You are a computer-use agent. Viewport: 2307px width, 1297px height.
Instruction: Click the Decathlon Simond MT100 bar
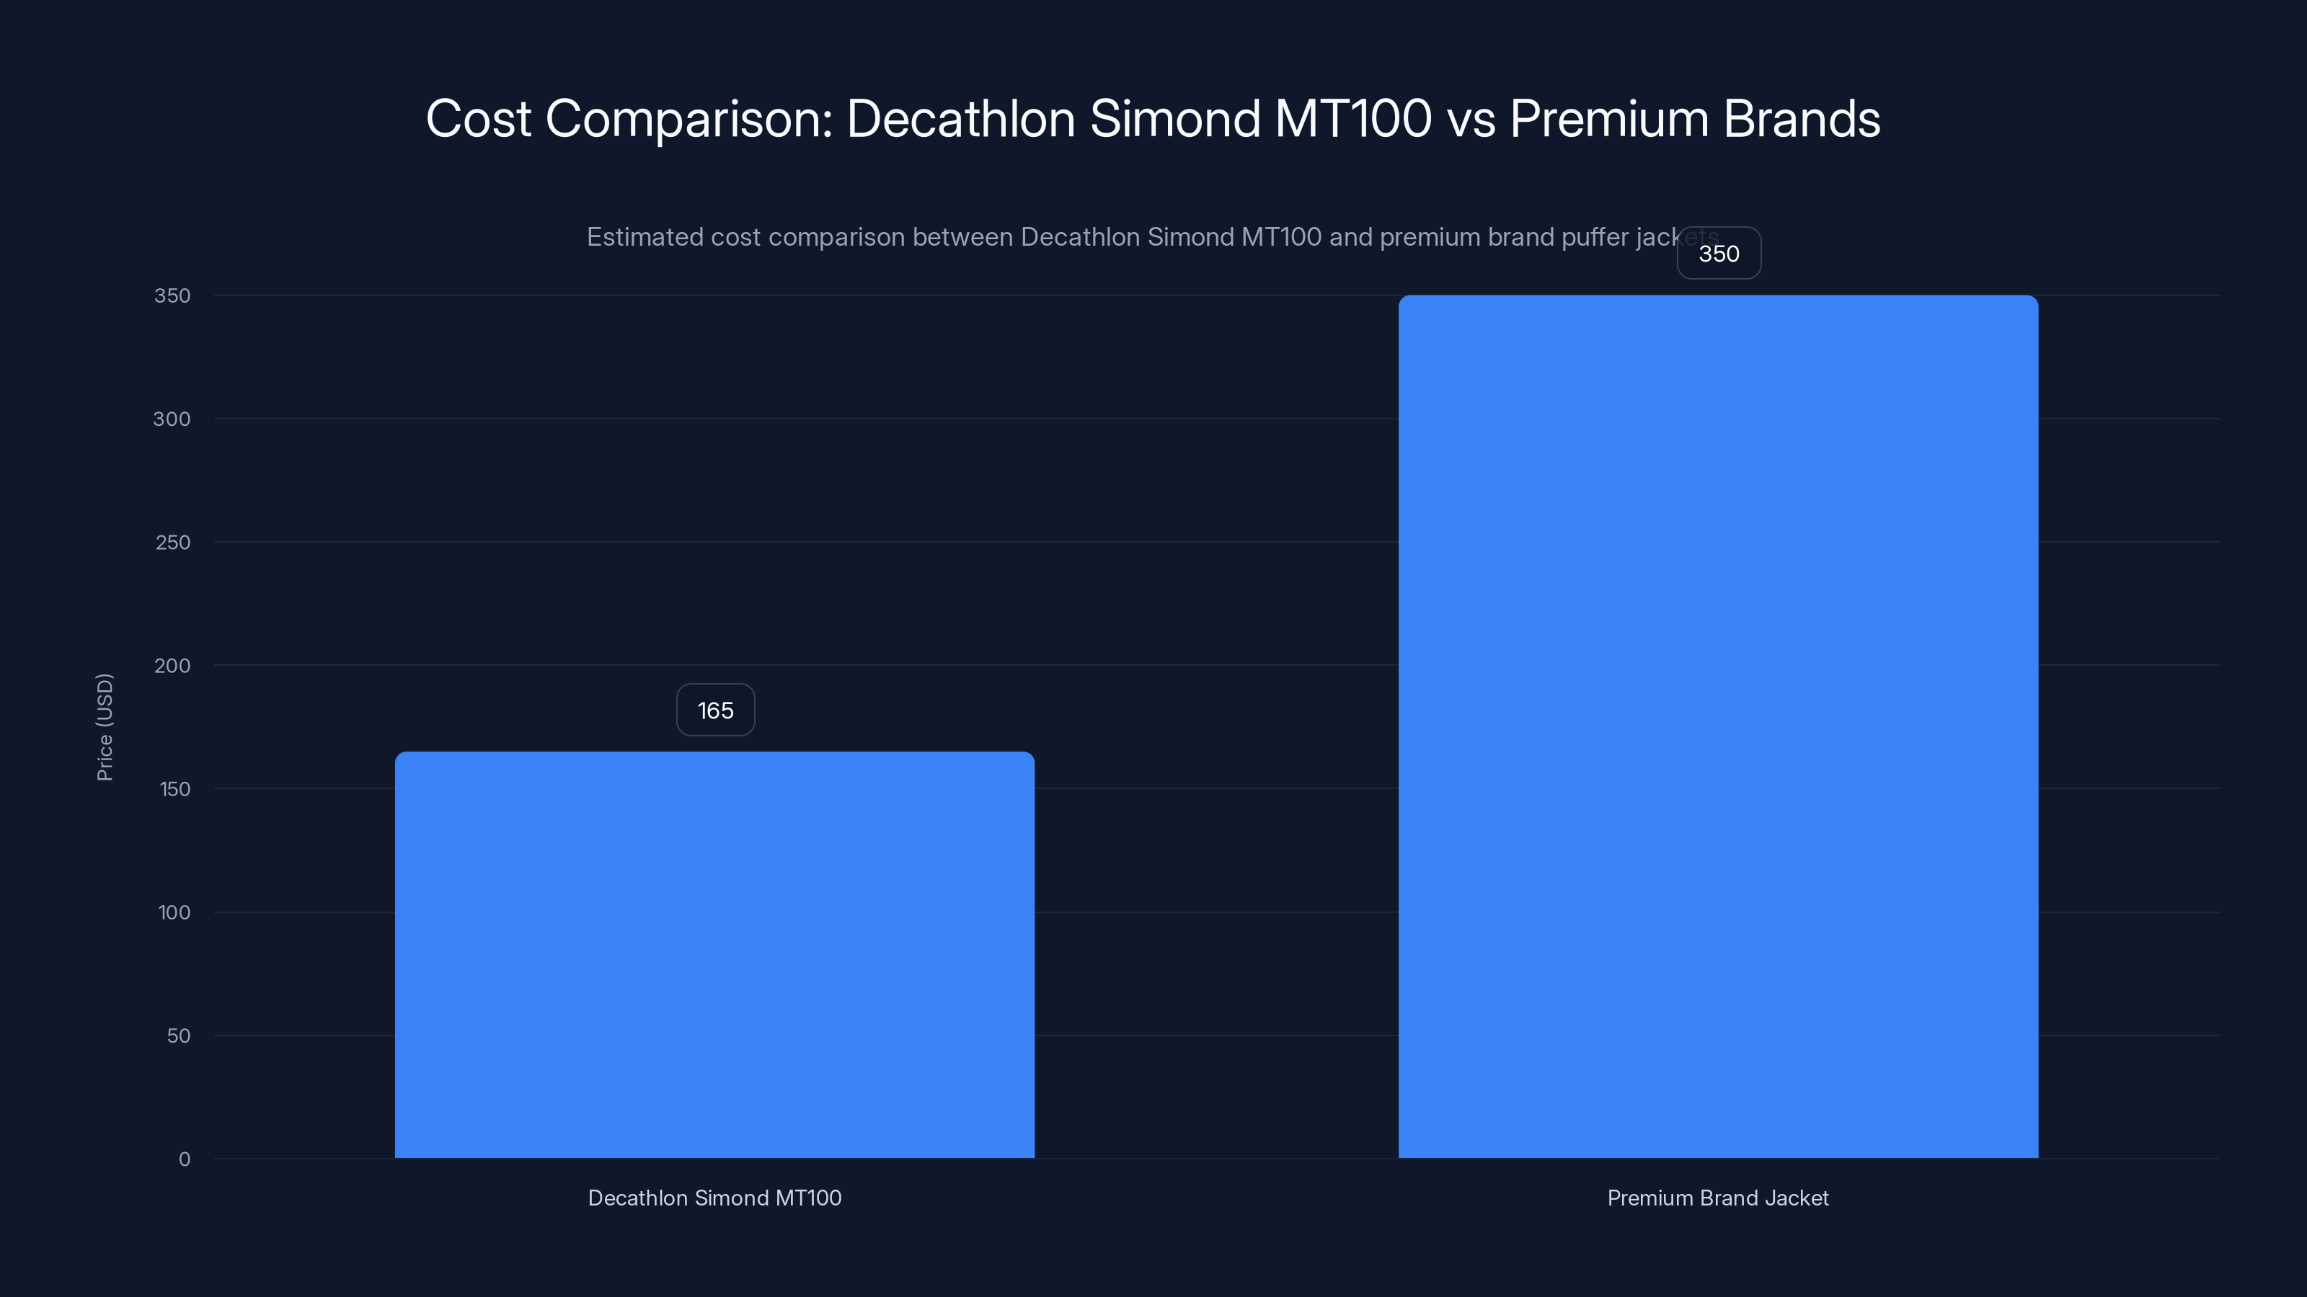[714, 954]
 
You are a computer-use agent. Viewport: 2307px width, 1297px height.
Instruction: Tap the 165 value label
[714, 710]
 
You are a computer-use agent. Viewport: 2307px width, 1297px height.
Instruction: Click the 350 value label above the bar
[1719, 254]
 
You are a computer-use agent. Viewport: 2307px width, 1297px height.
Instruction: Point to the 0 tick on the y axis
[185, 1159]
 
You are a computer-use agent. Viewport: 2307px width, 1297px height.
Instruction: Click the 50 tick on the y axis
[178, 1035]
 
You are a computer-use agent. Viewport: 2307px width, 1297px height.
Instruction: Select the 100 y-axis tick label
[174, 912]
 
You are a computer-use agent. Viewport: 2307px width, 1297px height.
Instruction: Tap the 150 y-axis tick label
[174, 788]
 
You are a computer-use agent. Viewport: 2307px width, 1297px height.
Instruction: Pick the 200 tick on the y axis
[172, 665]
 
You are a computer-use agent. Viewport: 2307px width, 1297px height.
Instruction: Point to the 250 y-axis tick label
[172, 543]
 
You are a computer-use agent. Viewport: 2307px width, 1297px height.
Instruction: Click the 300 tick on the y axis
[172, 419]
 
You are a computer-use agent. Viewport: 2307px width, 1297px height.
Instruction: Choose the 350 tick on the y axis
[172, 295]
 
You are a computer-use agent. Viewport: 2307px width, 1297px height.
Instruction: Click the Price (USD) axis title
[105, 727]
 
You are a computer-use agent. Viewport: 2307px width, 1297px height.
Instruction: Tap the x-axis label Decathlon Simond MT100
[714, 1198]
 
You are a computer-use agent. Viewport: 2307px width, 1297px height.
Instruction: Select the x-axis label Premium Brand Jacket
[1718, 1198]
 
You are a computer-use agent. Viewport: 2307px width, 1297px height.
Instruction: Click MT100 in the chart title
[1352, 119]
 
